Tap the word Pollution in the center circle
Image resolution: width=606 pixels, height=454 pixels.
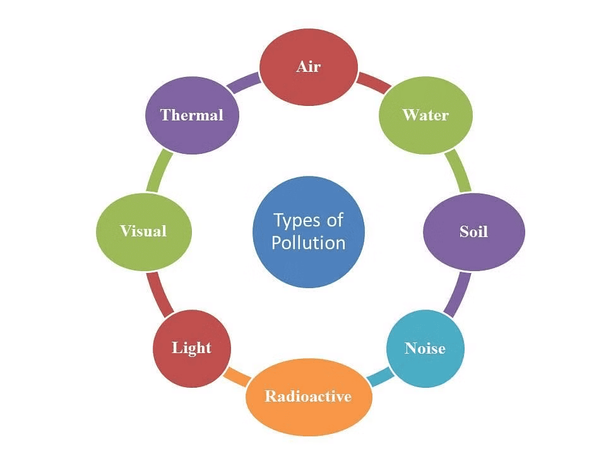point(309,243)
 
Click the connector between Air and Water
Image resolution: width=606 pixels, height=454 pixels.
point(373,82)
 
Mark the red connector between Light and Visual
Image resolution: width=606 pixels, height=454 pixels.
point(158,293)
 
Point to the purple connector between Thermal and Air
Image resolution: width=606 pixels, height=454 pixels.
point(243,82)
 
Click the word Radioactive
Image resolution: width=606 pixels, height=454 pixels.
point(308,396)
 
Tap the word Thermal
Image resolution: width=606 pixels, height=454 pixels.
point(192,115)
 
